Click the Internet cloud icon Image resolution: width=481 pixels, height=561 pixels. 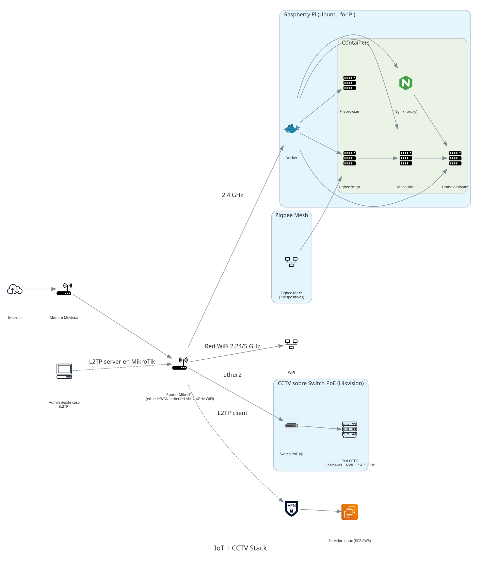15,290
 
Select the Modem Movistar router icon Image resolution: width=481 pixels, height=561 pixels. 64,289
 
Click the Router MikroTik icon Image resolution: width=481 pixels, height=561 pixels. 180,364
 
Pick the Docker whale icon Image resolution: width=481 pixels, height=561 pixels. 292,129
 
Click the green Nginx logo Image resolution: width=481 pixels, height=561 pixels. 406,83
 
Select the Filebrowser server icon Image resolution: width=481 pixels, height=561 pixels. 350,83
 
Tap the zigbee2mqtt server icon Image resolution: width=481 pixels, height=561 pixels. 350,158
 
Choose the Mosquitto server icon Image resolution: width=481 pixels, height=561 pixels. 406,158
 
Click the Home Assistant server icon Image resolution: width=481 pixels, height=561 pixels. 455,158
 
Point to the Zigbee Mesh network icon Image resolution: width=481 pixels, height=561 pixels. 291,262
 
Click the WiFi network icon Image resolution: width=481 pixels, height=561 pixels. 291,344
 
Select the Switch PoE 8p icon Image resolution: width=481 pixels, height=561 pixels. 292,425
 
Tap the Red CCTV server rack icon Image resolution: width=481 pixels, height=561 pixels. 350,430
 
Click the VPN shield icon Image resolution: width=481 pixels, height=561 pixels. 292,508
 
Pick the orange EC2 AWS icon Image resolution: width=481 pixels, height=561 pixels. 350,512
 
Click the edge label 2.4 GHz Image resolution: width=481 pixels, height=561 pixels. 233,195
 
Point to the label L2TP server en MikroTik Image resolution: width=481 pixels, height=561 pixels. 122,362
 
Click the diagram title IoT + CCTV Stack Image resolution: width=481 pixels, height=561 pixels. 240,548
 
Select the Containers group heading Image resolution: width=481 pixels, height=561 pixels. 355,43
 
